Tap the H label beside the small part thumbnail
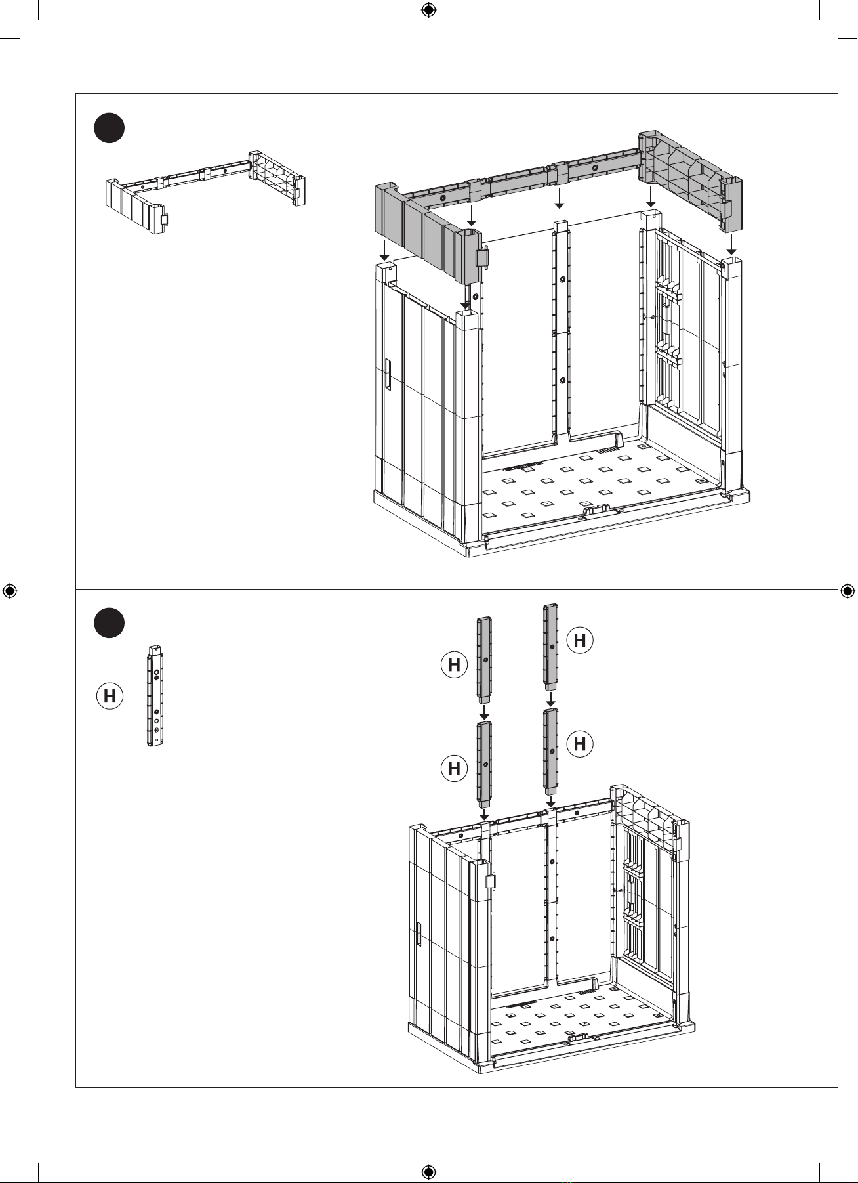coord(110,695)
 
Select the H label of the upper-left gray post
coord(454,665)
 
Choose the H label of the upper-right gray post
coord(580,639)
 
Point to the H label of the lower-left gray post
coord(454,767)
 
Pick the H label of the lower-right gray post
coord(580,744)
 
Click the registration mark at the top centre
coord(428,10)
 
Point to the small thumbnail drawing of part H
coord(155,696)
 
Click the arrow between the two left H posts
coord(483,712)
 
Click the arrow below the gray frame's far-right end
coord(731,245)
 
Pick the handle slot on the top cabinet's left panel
coord(387,375)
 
